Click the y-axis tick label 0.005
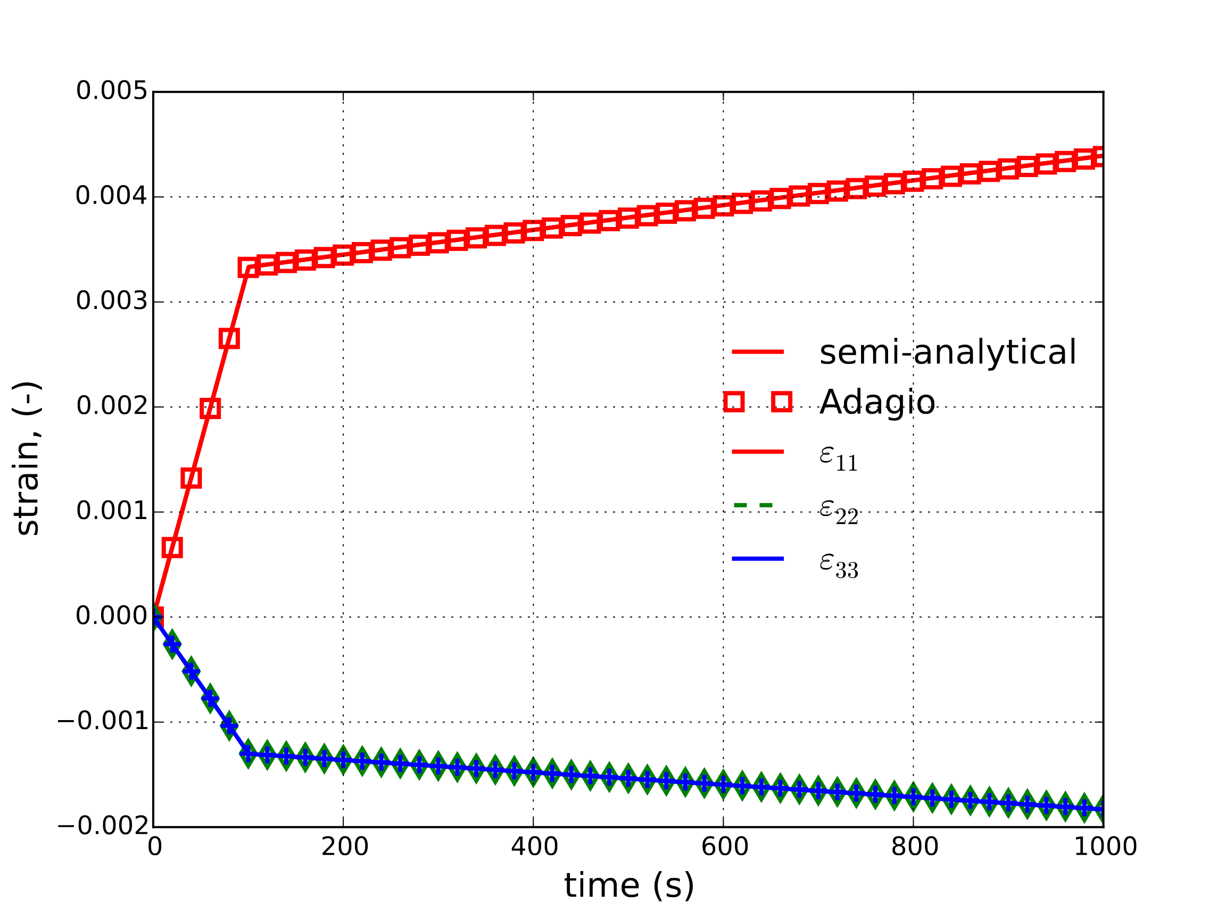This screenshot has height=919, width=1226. click(x=111, y=91)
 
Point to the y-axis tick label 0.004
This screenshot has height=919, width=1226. click(x=111, y=196)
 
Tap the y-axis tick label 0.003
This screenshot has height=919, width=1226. click(x=111, y=301)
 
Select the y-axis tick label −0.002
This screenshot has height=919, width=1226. click(x=103, y=826)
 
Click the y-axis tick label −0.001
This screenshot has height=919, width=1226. click(x=103, y=721)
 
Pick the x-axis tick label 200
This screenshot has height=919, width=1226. click(x=344, y=847)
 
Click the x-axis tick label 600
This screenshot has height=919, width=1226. click(x=724, y=847)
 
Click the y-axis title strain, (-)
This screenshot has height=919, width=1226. click(x=27, y=458)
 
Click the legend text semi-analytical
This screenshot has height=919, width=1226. click(x=947, y=352)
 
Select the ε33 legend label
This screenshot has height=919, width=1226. click(x=838, y=564)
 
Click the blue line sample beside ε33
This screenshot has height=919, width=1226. click(x=758, y=559)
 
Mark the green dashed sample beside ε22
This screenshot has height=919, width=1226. click(x=752, y=505)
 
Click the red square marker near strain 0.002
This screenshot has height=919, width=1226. click(x=210, y=408)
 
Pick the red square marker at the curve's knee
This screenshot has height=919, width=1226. click(x=248, y=268)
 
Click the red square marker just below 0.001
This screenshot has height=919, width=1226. click(x=172, y=548)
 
